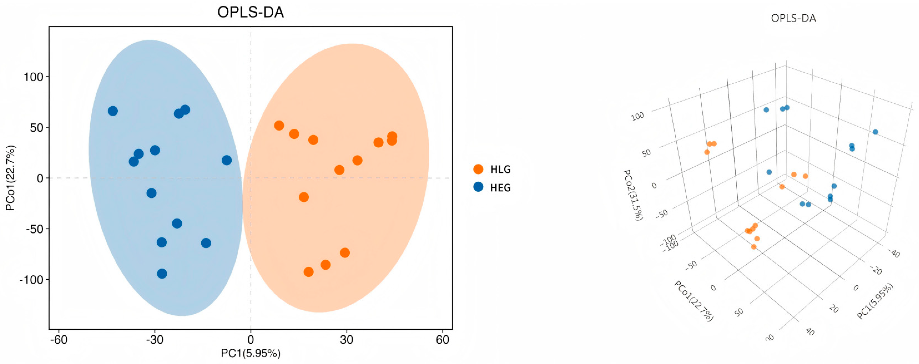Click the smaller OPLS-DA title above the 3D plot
click(794, 18)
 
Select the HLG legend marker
click(478, 169)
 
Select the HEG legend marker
click(478, 187)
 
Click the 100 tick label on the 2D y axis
click(33, 77)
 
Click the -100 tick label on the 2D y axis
click(31, 279)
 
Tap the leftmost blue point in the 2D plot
click(113, 111)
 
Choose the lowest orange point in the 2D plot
click(309, 272)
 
